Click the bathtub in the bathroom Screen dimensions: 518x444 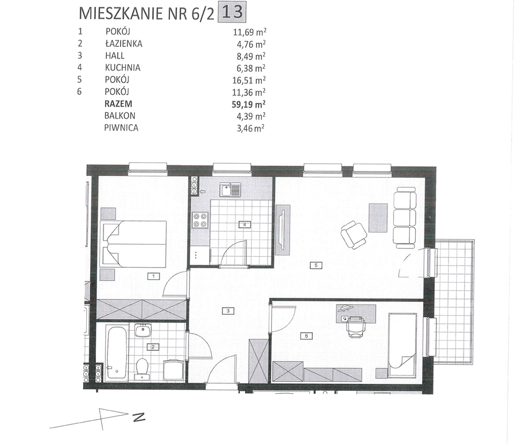(116, 351)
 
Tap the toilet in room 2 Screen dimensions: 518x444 (142, 369)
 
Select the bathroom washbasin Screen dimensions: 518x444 (143, 330)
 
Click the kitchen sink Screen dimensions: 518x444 (231, 190)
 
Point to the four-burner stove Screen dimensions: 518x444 (200, 220)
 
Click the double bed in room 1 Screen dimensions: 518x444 (134, 244)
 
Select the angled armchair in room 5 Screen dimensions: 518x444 (354, 235)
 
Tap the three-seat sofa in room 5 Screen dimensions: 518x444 (405, 217)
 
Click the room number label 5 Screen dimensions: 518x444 (316, 265)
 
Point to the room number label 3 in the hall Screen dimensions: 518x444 (228, 310)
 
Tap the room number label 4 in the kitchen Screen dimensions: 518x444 (245, 225)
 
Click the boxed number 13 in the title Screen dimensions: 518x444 (232, 13)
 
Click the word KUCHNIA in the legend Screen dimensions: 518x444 (123, 68)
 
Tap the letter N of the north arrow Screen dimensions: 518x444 (139, 417)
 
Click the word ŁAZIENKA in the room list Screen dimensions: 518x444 (124, 43)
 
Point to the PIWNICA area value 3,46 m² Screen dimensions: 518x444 (250, 128)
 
